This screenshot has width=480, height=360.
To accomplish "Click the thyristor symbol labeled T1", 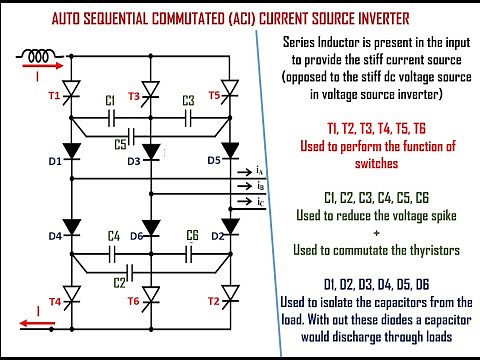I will tap(71, 96).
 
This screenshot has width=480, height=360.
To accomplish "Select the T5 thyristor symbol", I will tap(231, 96).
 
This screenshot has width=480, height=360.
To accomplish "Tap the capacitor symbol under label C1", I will tap(111, 117).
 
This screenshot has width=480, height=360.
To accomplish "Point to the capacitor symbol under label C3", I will tap(188, 117).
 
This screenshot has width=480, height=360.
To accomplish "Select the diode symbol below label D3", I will tap(150, 151).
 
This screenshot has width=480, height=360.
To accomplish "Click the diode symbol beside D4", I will tap(71, 236).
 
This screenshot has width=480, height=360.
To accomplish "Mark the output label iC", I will tap(260, 203).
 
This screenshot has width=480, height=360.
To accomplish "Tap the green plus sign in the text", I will tap(378, 232).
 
